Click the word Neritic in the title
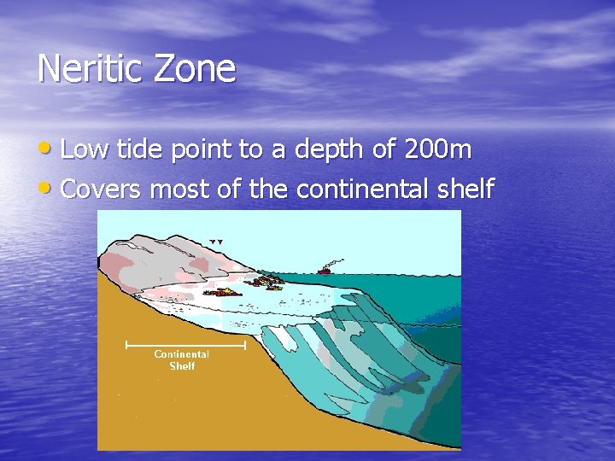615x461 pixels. [90, 68]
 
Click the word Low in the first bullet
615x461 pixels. [85, 150]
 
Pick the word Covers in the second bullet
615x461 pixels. [102, 189]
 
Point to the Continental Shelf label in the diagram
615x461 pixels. [181, 359]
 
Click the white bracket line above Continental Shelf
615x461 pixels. [185, 345]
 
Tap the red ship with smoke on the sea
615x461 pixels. [326, 270]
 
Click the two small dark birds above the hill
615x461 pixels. [216, 242]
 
